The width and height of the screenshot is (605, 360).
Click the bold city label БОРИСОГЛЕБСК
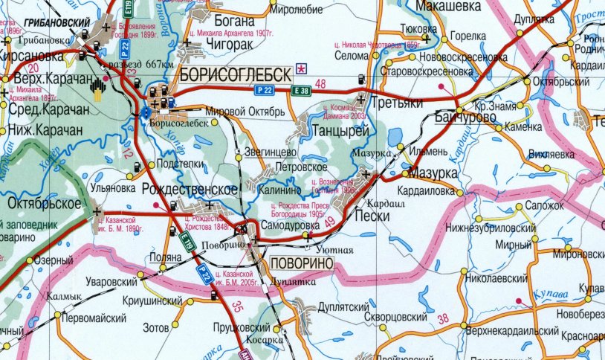click(x=233, y=74)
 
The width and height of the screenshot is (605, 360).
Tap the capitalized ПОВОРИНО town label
click(x=302, y=264)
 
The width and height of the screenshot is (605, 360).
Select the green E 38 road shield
click(x=302, y=91)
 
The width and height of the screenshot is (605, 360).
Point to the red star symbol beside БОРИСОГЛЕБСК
click(x=301, y=68)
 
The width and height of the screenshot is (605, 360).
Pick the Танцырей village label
click(x=343, y=131)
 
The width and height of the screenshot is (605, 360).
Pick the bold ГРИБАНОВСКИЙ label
click(x=51, y=23)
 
